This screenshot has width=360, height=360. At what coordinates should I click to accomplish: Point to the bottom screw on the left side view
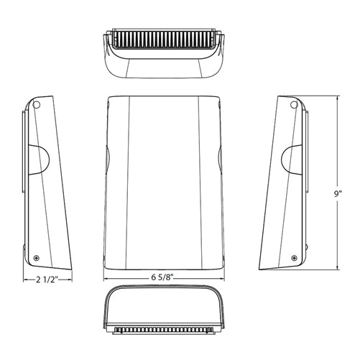pos(37,257)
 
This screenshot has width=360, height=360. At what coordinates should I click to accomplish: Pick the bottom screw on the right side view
pos(295,257)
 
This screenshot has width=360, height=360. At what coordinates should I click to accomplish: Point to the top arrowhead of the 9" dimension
pos(336,96)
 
